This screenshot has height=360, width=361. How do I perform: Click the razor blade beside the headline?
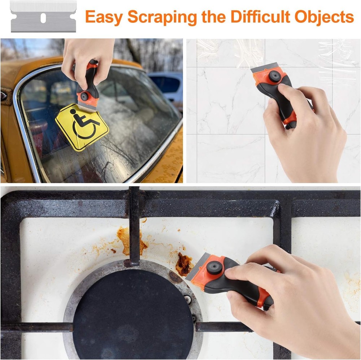43,16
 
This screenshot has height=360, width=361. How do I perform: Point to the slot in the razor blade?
43,17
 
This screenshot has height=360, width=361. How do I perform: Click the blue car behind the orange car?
168,85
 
